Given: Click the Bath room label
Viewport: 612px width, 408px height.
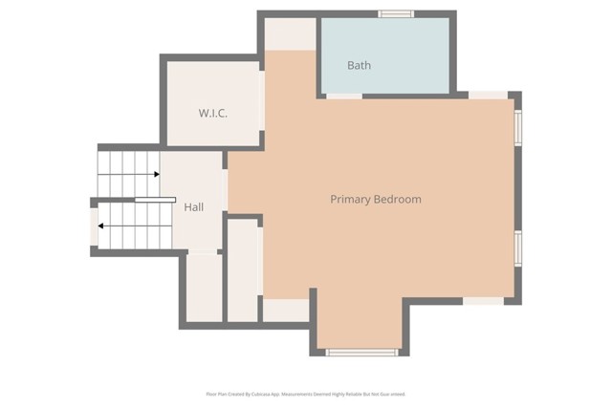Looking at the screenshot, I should click(359, 65).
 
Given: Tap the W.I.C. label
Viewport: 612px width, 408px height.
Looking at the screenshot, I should click(212, 113).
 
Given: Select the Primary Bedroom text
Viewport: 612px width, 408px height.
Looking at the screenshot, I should click(375, 199).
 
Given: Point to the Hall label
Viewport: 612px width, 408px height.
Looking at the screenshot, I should click(194, 206).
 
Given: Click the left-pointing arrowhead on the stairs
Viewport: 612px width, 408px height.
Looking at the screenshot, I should click(102, 226).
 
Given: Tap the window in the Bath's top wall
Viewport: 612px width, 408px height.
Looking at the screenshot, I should click(394, 13).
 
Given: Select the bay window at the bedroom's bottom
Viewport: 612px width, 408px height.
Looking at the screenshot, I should click(361, 353).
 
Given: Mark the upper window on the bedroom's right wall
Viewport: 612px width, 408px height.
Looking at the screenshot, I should click(517, 126).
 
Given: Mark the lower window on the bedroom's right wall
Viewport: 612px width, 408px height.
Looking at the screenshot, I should click(517, 247).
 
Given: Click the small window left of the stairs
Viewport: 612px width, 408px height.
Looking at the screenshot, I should click(94, 227).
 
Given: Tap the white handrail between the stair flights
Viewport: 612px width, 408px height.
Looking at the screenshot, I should click(154, 200).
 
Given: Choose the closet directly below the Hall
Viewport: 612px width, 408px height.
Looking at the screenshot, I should click(204, 287).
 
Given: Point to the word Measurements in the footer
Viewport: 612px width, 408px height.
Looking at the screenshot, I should click(313, 393).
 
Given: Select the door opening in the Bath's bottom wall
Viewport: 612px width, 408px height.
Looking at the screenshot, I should click(344, 96).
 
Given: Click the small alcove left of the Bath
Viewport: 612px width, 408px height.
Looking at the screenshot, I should click(289, 34).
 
